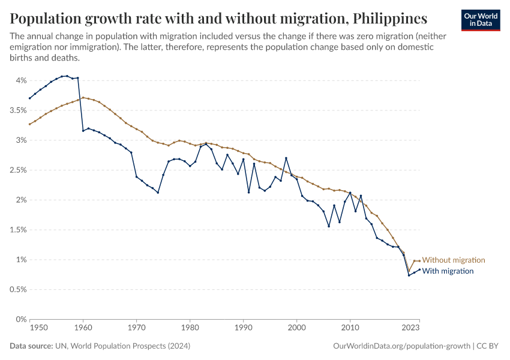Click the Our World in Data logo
point(481,20)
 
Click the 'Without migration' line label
point(453,260)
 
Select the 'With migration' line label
point(448,271)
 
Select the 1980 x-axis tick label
point(190,328)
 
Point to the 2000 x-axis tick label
point(296,328)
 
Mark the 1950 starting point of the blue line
point(29,98)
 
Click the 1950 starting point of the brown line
point(29,124)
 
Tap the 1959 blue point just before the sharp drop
point(77,77)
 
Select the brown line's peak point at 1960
point(83,97)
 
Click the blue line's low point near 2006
point(329,226)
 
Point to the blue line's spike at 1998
point(286,158)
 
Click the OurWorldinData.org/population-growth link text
point(400,346)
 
